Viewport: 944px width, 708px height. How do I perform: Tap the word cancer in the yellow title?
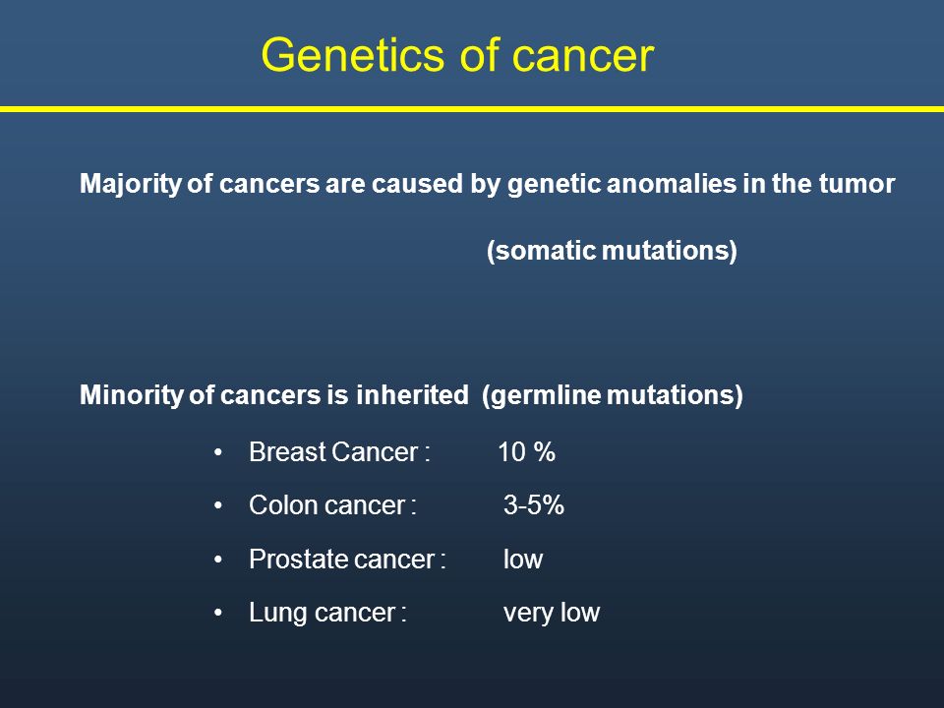coord(583,56)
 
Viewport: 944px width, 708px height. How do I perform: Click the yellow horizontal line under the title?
coord(472,109)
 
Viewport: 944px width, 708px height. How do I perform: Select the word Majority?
coord(130,184)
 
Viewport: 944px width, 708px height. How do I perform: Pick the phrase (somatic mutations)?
coord(612,251)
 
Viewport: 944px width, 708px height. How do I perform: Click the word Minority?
coord(131,395)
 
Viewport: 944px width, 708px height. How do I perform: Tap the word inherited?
coord(412,395)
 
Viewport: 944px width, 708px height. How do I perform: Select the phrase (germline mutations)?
coord(613,395)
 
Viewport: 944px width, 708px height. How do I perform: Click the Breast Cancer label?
coord(339,452)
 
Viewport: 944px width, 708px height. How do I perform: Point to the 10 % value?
coord(527,452)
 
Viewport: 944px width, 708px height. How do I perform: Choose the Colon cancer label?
coord(333,505)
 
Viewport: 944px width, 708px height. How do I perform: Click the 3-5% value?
coord(534,505)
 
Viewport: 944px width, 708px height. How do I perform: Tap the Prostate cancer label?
coord(347,560)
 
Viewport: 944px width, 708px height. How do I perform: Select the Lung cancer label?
coord(328,613)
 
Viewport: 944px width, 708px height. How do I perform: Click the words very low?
coord(552,613)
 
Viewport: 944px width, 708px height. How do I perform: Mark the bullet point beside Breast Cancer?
coord(218,452)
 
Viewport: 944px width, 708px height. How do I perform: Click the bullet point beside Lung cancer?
coord(218,614)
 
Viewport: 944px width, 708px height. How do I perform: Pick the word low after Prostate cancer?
coord(523,560)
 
